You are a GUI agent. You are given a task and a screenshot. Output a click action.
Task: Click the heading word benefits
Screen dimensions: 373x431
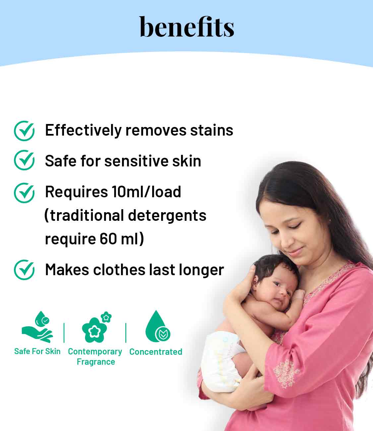point(187,27)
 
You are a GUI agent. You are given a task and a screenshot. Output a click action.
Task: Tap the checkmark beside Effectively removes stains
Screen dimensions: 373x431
point(24,131)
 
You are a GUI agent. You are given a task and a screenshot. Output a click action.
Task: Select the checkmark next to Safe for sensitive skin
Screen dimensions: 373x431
point(24,160)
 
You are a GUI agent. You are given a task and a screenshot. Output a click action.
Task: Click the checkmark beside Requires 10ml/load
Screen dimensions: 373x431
point(24,193)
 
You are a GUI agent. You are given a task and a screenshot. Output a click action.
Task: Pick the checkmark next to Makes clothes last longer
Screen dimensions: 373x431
point(24,270)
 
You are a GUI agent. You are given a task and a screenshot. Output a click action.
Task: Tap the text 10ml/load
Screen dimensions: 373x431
point(146,192)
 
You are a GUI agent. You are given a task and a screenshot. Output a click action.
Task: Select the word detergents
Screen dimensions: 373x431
point(167,216)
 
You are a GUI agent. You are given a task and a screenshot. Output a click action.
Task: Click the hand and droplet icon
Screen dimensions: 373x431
point(37,327)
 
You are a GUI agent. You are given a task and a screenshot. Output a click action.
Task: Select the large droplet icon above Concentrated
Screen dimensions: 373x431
point(157,327)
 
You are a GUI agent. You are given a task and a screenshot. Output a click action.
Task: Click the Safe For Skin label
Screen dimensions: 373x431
point(37,351)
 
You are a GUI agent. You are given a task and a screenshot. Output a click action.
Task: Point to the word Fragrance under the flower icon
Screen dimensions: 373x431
point(96,362)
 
